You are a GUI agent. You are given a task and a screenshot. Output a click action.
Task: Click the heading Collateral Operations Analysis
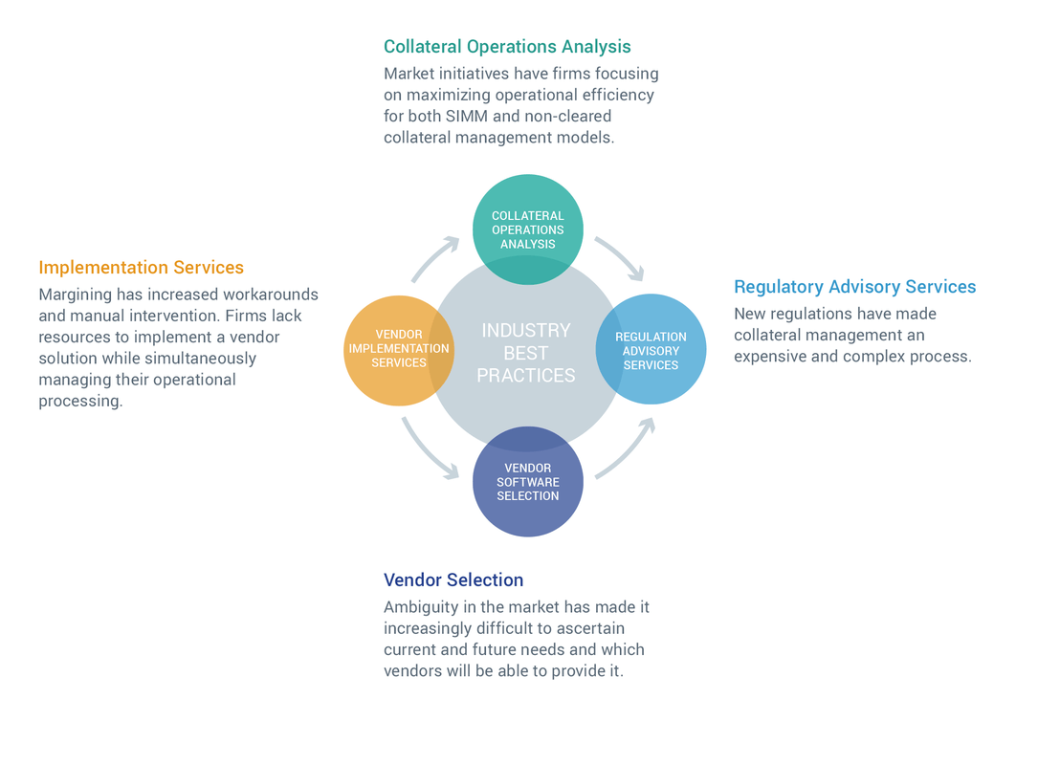click(x=507, y=47)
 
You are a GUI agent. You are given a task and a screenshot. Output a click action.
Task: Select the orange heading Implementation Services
click(x=141, y=268)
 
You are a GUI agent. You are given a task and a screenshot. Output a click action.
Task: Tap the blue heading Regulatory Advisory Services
click(x=854, y=287)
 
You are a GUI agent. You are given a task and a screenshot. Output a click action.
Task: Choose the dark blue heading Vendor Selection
click(x=453, y=580)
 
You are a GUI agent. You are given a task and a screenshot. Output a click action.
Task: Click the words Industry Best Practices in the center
click(x=525, y=353)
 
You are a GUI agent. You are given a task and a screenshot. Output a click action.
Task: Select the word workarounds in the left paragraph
click(x=272, y=295)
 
